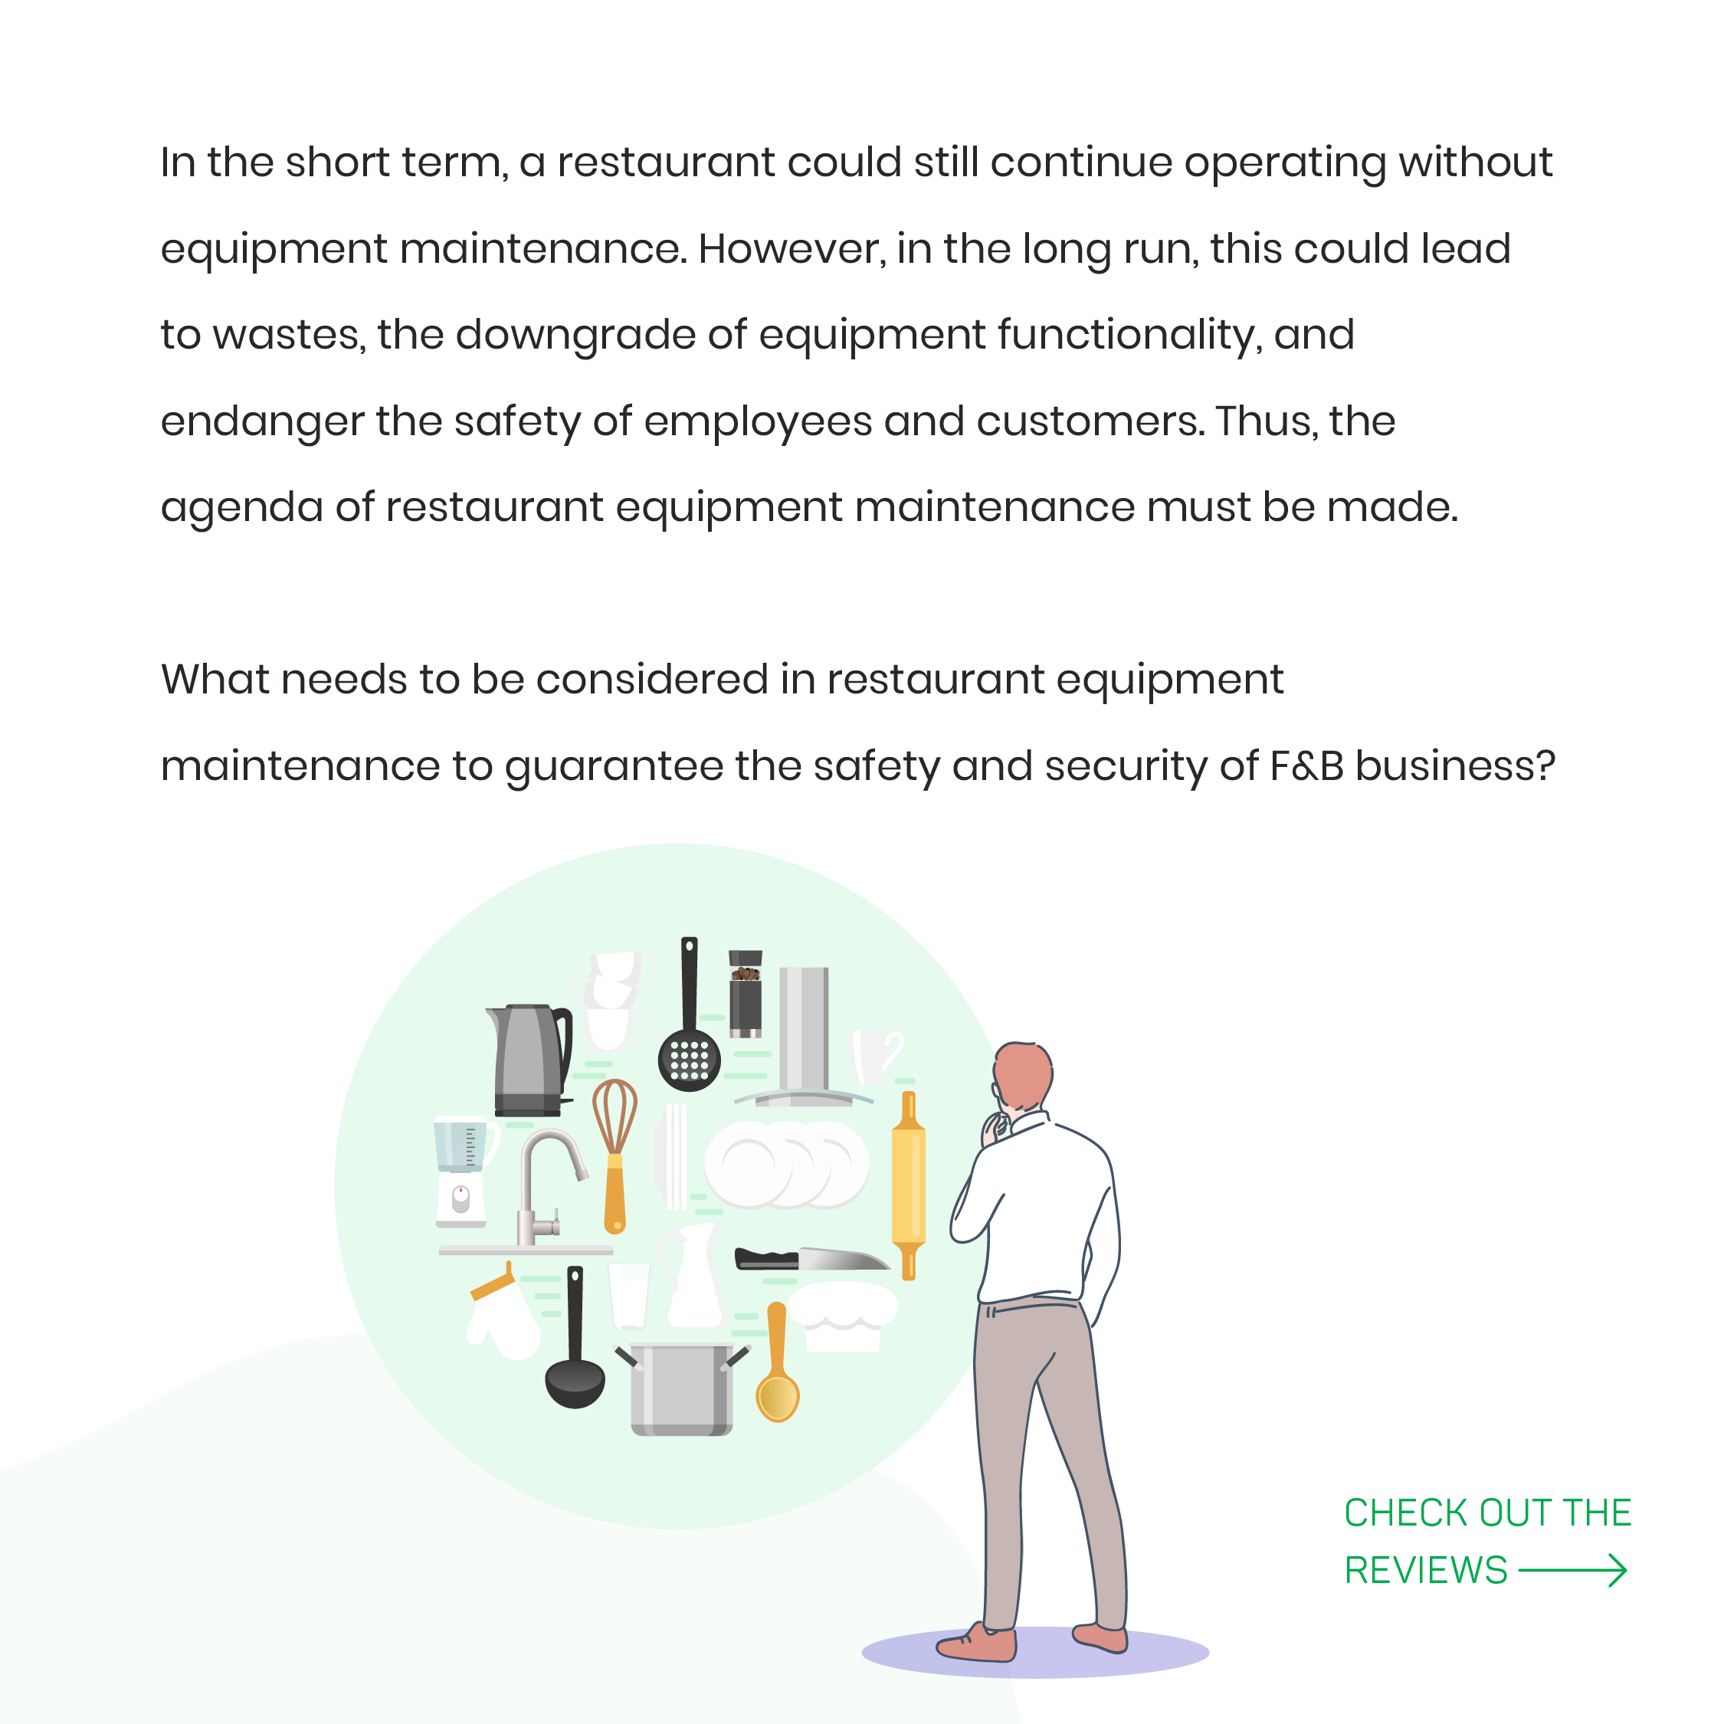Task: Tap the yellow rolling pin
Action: click(909, 1185)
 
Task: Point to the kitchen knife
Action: click(812, 1259)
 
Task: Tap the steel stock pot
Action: click(683, 1388)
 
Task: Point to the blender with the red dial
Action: click(461, 1172)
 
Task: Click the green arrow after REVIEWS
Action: click(1572, 1571)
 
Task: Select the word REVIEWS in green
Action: click(1426, 1571)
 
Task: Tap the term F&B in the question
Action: click(1306, 765)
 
